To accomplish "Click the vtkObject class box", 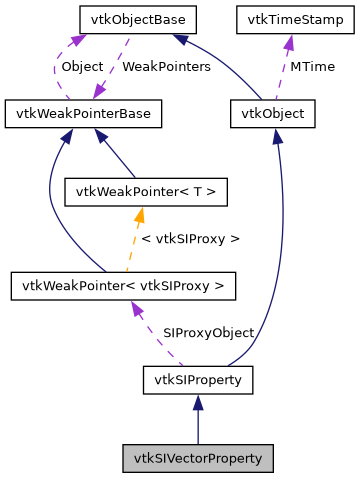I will pyautogui.click(x=272, y=114).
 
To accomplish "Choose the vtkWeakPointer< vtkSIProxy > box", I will pyautogui.click(x=123, y=287).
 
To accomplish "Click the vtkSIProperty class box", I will pyautogui.click(x=198, y=380).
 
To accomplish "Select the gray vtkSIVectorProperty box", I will pyautogui.click(x=198, y=458).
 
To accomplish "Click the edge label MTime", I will pyautogui.click(x=311, y=66).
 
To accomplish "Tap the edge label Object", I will pyautogui.click(x=82, y=66).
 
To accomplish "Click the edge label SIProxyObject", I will pyautogui.click(x=208, y=333).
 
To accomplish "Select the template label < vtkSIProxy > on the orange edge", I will pyautogui.click(x=191, y=239).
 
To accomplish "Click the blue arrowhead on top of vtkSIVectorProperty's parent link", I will pyautogui.click(x=198, y=402).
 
